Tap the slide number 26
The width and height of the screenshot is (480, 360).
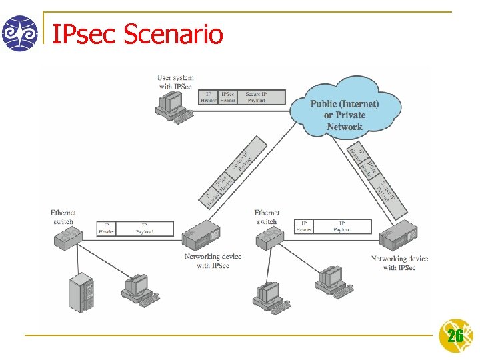(x=455, y=336)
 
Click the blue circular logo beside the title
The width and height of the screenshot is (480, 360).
(x=20, y=33)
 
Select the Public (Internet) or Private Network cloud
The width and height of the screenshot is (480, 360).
(x=344, y=109)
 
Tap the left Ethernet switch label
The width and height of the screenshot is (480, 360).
(x=63, y=217)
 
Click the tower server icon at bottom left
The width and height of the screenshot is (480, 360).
(x=83, y=293)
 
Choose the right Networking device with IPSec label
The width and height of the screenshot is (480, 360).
(x=399, y=263)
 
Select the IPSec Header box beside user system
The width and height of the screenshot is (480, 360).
(x=227, y=97)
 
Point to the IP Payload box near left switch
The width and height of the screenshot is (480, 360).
(x=145, y=229)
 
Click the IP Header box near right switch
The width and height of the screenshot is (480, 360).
(x=304, y=227)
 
